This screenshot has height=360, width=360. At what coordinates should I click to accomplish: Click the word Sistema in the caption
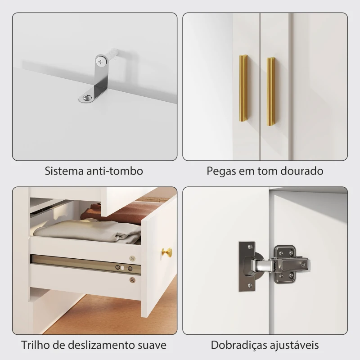tap(63, 171)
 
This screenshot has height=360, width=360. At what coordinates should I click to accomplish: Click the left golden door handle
tap(243, 90)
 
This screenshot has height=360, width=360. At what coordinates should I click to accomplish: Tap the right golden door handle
tap(271, 92)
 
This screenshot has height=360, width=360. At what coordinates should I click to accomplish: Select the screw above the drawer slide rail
tap(132, 258)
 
